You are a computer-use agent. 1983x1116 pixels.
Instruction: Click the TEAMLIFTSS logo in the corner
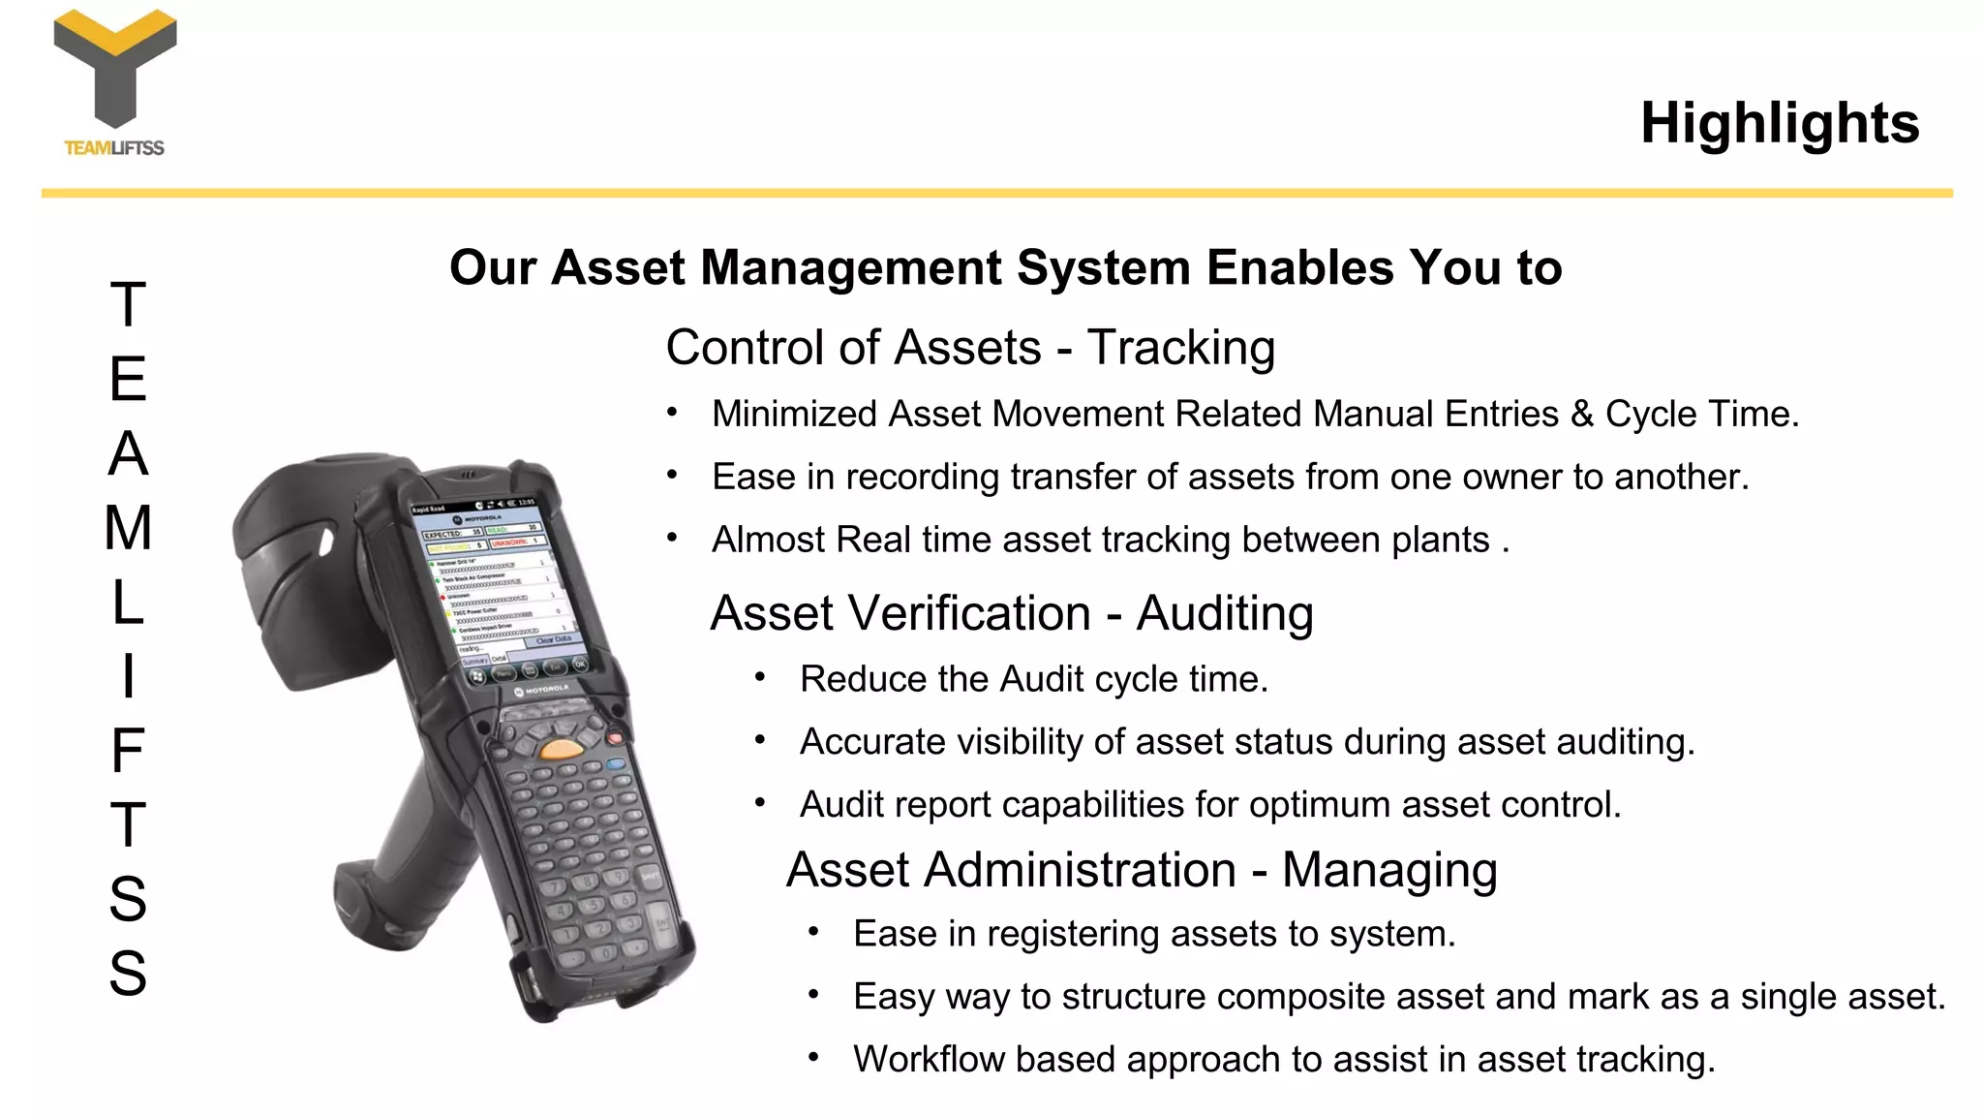pyautogui.click(x=115, y=81)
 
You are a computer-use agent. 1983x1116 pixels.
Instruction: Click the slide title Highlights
pyautogui.click(x=1779, y=123)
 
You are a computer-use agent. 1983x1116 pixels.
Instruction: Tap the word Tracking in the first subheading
pyautogui.click(x=1180, y=348)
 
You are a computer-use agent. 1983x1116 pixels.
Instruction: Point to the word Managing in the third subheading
pyautogui.click(x=1389, y=869)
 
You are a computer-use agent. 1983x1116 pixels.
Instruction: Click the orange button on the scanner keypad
pyautogui.click(x=561, y=748)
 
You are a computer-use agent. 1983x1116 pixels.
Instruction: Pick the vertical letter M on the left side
pyautogui.click(x=128, y=528)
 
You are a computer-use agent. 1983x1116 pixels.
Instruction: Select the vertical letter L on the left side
pyautogui.click(x=128, y=603)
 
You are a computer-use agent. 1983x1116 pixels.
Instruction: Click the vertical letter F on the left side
pyautogui.click(x=128, y=751)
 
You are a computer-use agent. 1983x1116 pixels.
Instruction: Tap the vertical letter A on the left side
pyautogui.click(x=128, y=453)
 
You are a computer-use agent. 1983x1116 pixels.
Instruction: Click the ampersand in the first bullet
pyautogui.click(x=1581, y=415)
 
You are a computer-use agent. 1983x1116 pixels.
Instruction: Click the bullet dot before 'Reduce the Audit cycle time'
pyautogui.click(x=760, y=678)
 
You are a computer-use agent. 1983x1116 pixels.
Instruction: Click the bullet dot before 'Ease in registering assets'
pyautogui.click(x=813, y=933)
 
